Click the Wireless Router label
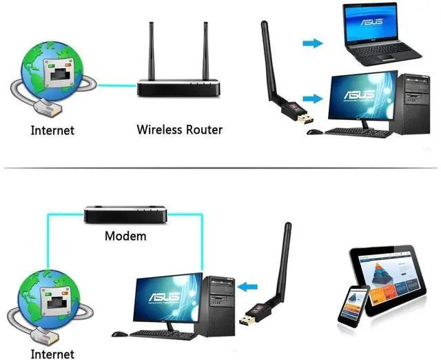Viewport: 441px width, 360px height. (x=180, y=129)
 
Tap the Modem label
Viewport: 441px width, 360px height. (x=125, y=236)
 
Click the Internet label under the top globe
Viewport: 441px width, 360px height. (x=52, y=130)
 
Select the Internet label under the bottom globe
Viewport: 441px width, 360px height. (x=52, y=354)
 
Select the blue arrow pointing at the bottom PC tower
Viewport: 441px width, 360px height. (x=249, y=283)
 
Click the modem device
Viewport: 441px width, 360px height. (x=125, y=214)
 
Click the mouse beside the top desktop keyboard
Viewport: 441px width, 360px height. (x=314, y=131)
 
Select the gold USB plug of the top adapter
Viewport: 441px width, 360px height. (x=303, y=121)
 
